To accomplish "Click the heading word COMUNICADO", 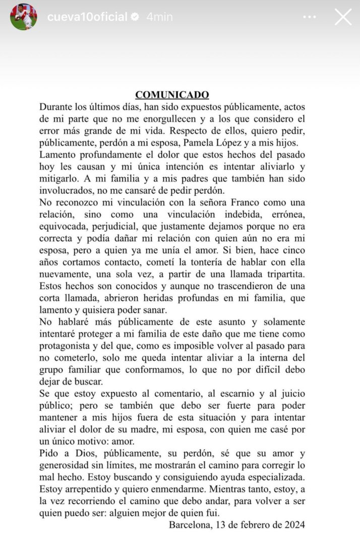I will (x=172, y=94).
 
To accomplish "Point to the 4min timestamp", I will (x=159, y=17).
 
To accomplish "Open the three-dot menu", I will (x=310, y=17).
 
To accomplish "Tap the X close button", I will (x=343, y=17).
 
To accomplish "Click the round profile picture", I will (x=24, y=17).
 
